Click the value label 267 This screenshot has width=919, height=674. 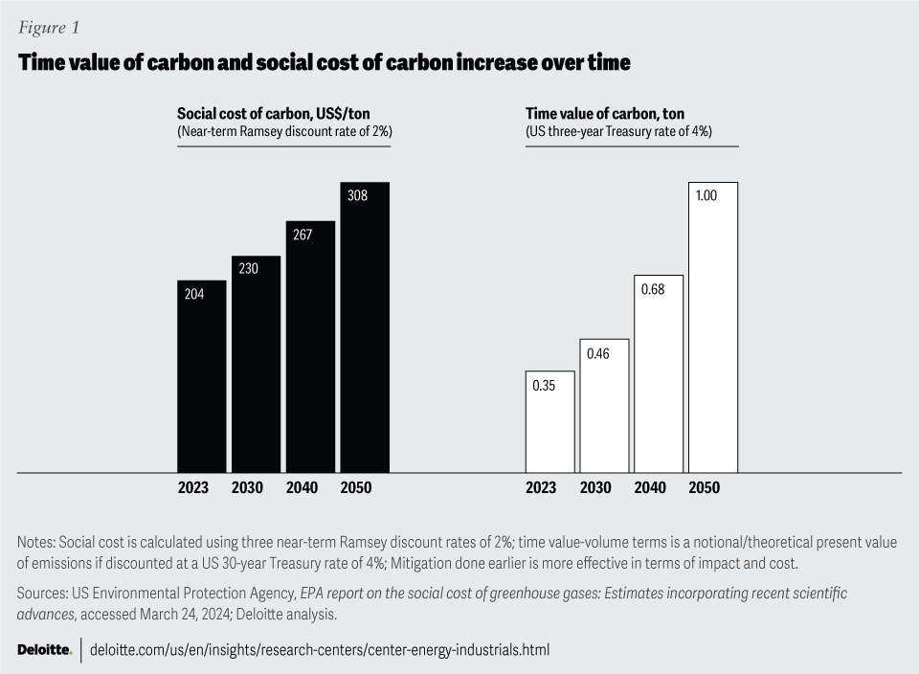pyautogui.click(x=303, y=234)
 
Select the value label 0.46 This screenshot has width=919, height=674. pyautogui.click(x=598, y=353)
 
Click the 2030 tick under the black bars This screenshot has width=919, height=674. pyautogui.click(x=247, y=487)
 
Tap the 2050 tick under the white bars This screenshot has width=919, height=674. pyautogui.click(x=704, y=487)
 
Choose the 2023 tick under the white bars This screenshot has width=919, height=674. pyautogui.click(x=541, y=487)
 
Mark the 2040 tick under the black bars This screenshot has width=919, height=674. pyautogui.click(x=302, y=487)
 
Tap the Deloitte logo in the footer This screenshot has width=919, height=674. pyautogui.click(x=44, y=650)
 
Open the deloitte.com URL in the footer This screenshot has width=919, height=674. pyautogui.click(x=320, y=650)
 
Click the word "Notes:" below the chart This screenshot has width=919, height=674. pyautogui.click(x=36, y=541)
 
